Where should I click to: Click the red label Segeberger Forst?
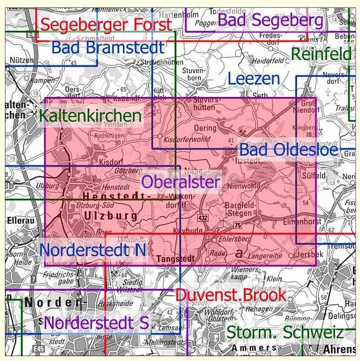coord(106,25)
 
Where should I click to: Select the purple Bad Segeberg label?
coord(270,20)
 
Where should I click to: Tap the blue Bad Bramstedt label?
coord(108,48)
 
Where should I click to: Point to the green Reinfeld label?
coord(321,54)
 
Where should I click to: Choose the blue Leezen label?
coord(254,78)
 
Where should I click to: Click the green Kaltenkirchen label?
coord(91,114)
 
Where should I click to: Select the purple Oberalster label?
coord(181,181)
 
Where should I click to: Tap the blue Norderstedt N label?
coord(93,249)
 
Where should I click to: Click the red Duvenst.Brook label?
coord(231,295)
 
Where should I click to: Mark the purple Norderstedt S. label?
coord(96,322)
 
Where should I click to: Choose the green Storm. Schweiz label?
coord(284,333)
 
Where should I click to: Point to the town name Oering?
coord(206,128)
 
